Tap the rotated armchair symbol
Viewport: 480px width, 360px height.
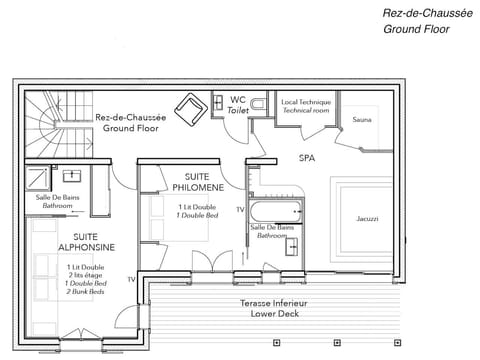pos(189,108)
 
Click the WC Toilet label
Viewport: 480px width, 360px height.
pos(237,105)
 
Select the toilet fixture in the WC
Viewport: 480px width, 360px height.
pos(258,104)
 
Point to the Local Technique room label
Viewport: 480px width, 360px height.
pos(307,106)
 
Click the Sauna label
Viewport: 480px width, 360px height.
pos(361,119)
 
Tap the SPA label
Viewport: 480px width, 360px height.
pos(306,158)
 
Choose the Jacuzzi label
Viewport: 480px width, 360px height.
pos(367,218)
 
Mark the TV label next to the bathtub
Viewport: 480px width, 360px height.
pos(239,210)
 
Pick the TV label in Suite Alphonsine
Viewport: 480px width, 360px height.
pos(131,279)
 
